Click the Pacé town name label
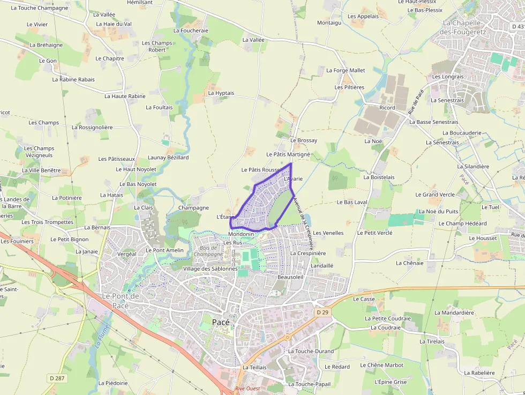(x=221, y=322)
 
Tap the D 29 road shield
(x=321, y=312)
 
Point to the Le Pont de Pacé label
(x=121, y=300)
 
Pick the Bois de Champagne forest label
(x=208, y=251)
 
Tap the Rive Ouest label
(x=247, y=389)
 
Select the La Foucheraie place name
(x=191, y=31)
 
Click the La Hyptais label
(x=221, y=93)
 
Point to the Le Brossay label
(x=303, y=140)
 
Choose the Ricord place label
(x=387, y=108)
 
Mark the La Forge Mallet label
(x=346, y=70)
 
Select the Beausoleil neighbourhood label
(x=291, y=277)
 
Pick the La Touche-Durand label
(x=311, y=351)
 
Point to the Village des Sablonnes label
(x=210, y=269)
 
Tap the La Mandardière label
(x=454, y=312)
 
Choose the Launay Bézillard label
(x=168, y=158)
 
